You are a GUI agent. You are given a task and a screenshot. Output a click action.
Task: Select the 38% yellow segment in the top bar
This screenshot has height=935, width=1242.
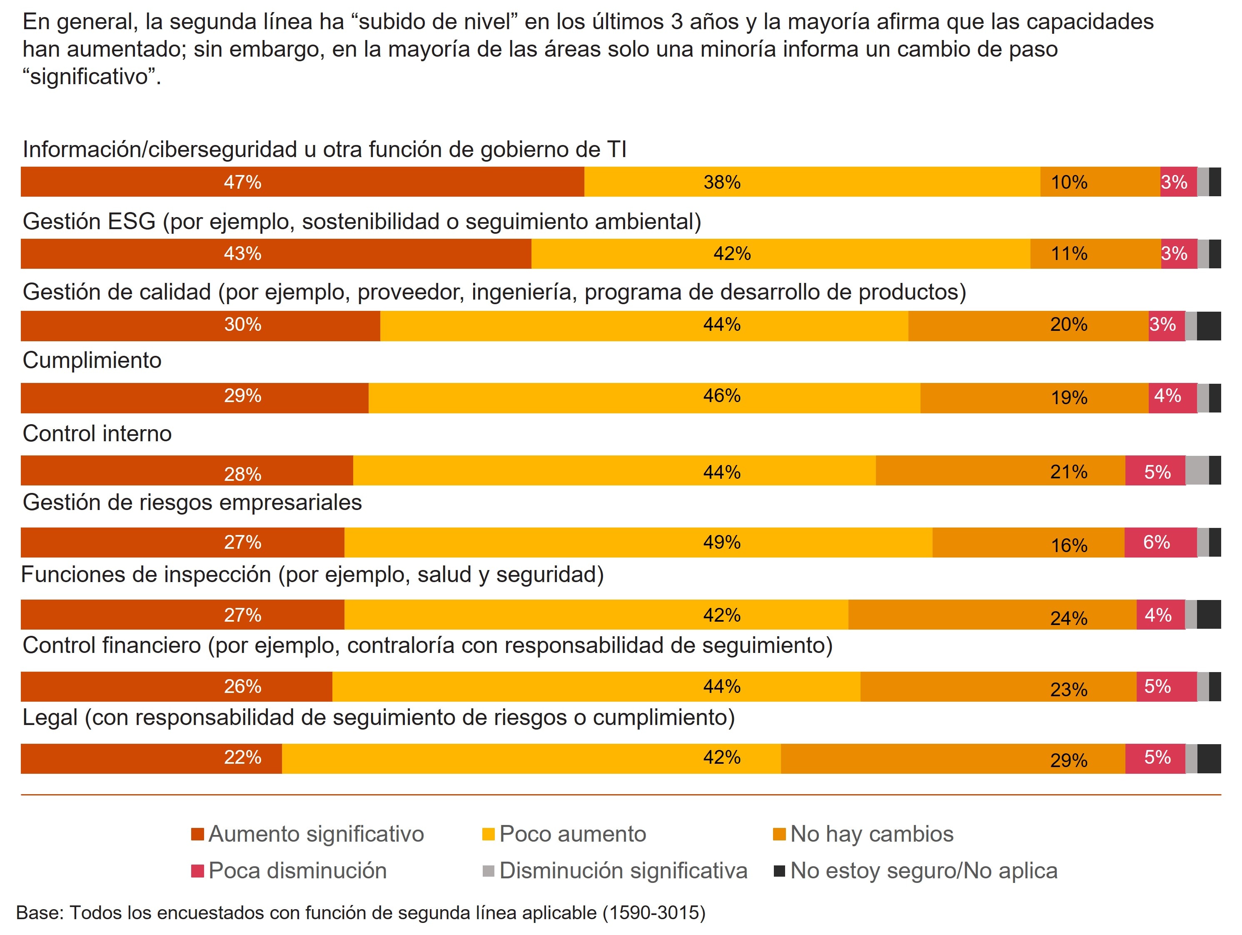pyautogui.click(x=812, y=182)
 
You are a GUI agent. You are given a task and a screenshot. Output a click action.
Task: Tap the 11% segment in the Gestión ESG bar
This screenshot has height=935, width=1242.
pyautogui.click(x=1095, y=254)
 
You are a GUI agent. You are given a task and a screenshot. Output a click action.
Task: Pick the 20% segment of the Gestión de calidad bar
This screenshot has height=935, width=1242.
pyautogui.click(x=1028, y=326)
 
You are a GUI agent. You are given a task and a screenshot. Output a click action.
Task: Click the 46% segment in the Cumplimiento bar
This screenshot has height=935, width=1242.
pyautogui.click(x=644, y=397)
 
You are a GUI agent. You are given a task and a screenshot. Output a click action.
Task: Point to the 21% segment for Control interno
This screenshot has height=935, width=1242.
pyautogui.click(x=1000, y=470)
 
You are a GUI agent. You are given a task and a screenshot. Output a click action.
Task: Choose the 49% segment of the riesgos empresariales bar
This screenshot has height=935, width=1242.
pyautogui.click(x=638, y=542)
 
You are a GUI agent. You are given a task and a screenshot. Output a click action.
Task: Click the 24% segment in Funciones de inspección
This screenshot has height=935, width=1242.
pyautogui.click(x=992, y=614)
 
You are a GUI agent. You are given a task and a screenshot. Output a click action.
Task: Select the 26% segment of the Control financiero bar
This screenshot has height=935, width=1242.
pyautogui.click(x=176, y=686)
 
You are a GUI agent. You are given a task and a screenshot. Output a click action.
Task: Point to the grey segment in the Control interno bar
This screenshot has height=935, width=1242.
pyautogui.click(x=1197, y=470)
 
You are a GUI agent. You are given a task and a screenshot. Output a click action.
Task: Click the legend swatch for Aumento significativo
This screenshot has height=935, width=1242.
pyautogui.click(x=197, y=835)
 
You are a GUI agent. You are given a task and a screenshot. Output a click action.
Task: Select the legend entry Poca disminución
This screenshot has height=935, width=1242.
pyautogui.click(x=297, y=871)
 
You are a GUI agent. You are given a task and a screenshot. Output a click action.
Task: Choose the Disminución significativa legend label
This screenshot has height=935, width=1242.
pyautogui.click(x=623, y=871)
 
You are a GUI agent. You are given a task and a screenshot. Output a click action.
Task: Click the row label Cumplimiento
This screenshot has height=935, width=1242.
pyautogui.click(x=92, y=360)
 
